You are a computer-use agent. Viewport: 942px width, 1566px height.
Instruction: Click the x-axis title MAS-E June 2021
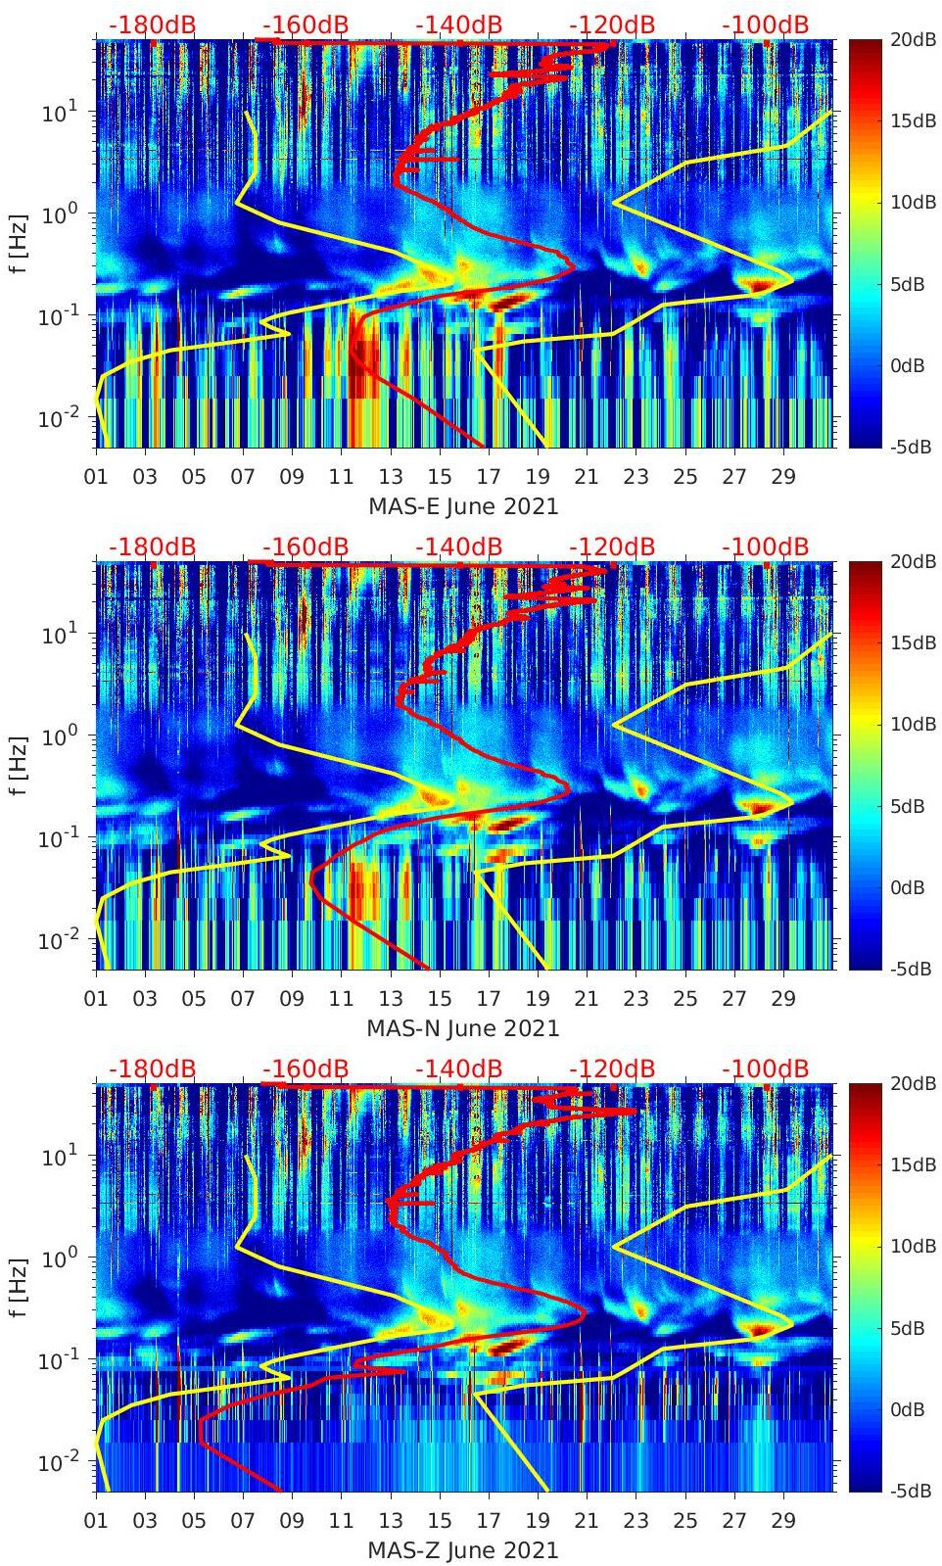[463, 506]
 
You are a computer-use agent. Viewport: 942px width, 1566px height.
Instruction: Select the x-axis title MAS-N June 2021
[463, 1028]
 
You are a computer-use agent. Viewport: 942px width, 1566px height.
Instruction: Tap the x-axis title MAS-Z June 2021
[463, 1550]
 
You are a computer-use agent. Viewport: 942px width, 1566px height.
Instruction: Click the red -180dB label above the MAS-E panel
[153, 24]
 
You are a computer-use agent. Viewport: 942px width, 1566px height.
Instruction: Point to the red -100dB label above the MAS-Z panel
[766, 1068]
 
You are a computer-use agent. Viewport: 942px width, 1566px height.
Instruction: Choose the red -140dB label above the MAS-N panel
[459, 546]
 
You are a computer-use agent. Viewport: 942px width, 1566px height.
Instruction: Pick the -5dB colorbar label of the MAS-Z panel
[914, 1491]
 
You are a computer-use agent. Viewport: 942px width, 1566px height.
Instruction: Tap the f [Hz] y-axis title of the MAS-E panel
[19, 242]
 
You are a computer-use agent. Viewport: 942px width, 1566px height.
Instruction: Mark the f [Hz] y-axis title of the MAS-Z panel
[19, 1286]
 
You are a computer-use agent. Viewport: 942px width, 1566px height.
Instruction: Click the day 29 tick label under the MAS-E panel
[783, 477]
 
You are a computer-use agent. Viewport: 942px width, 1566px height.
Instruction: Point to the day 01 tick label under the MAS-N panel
[96, 999]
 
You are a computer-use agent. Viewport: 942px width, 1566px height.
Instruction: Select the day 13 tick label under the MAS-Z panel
[391, 1521]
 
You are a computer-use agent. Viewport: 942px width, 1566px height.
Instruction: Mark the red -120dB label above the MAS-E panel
[612, 24]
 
